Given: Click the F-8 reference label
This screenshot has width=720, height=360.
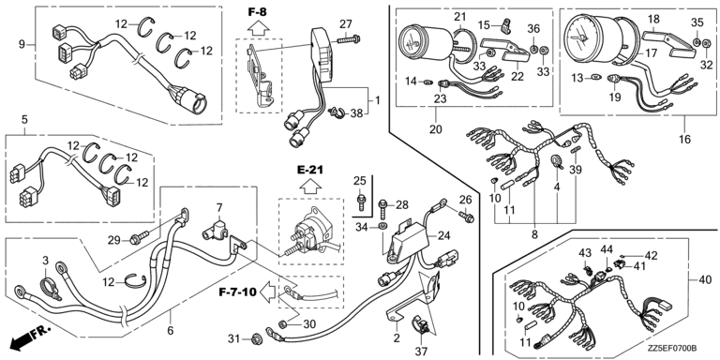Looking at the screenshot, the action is point(257,12).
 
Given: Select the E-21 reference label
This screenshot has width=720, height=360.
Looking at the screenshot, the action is point(310,171).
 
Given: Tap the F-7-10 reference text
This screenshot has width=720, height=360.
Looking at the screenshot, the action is point(237,291).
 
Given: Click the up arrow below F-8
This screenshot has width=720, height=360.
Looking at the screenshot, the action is point(257,28).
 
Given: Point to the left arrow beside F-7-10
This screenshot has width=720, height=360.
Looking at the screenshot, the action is point(267,291).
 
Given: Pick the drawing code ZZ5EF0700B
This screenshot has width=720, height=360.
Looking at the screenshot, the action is point(673,348).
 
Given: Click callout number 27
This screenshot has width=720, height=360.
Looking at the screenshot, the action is point(345,23).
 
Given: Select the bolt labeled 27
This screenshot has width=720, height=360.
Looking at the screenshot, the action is point(349,39).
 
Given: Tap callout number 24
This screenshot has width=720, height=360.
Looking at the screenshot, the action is point(444,236).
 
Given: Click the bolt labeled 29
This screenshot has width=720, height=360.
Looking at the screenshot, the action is point(139,239).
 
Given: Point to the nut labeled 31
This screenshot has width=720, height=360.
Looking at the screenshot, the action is point(256,338).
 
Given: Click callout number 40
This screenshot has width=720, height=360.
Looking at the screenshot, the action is point(706,279).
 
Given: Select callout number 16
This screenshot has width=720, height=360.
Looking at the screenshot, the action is point(684,139).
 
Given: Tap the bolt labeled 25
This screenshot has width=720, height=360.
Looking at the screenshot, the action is point(360,202).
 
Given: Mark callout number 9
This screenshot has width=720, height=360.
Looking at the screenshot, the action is point(22,45).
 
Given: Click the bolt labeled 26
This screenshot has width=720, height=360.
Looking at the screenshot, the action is point(466,216).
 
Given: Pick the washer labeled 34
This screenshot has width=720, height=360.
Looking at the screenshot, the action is point(382,226).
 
